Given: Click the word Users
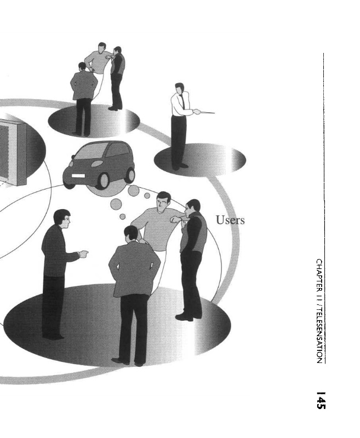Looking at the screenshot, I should click(230, 221).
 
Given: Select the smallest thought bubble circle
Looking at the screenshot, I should click(123, 216).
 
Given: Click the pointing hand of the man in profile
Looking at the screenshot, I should click(83, 253).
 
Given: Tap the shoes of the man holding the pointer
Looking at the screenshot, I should click(179, 165).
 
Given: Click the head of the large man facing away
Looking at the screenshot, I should click(132, 234).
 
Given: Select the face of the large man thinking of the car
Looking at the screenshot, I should click(162, 204).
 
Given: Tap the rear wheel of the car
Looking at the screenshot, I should click(130, 175).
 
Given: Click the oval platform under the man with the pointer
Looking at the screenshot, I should click(201, 159).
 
